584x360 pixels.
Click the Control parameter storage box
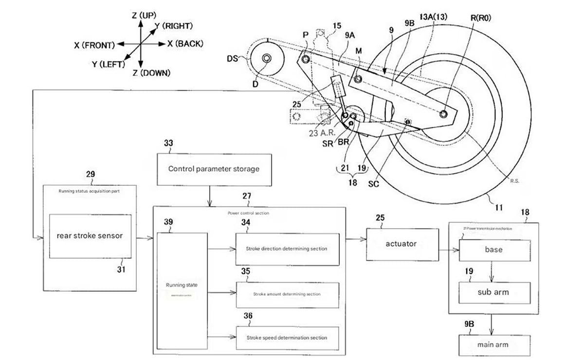click(x=214, y=169)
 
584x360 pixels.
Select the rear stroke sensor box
click(x=90, y=236)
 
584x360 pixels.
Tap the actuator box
click(x=401, y=244)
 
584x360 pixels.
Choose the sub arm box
click(x=494, y=292)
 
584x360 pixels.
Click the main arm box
click(x=494, y=344)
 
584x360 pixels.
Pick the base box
click(x=494, y=250)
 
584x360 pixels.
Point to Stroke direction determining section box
click(x=287, y=249)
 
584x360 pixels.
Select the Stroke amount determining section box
click(x=287, y=294)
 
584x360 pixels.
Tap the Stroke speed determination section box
click(x=287, y=337)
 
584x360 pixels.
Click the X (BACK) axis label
click(x=185, y=44)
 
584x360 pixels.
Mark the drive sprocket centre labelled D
click(x=267, y=59)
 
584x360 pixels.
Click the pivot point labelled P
click(x=305, y=59)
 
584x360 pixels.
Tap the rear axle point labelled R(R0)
click(x=443, y=114)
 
